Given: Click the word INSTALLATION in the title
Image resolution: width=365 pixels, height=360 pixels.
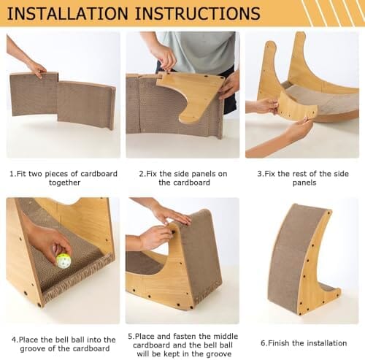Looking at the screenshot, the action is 68,13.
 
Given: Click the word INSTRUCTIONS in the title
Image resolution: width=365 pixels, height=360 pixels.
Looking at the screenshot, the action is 198,13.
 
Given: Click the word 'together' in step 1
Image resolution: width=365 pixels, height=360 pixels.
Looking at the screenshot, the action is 64,183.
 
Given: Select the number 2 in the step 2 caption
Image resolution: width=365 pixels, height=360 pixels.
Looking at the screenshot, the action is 141,174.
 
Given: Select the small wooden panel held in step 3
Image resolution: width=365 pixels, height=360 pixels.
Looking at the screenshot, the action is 297,107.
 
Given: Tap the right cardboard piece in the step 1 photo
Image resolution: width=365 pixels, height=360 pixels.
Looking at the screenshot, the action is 86,104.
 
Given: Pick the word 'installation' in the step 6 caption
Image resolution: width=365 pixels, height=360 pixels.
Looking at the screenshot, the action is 326,343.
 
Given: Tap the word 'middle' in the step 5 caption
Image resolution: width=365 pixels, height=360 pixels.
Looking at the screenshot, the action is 226,337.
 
